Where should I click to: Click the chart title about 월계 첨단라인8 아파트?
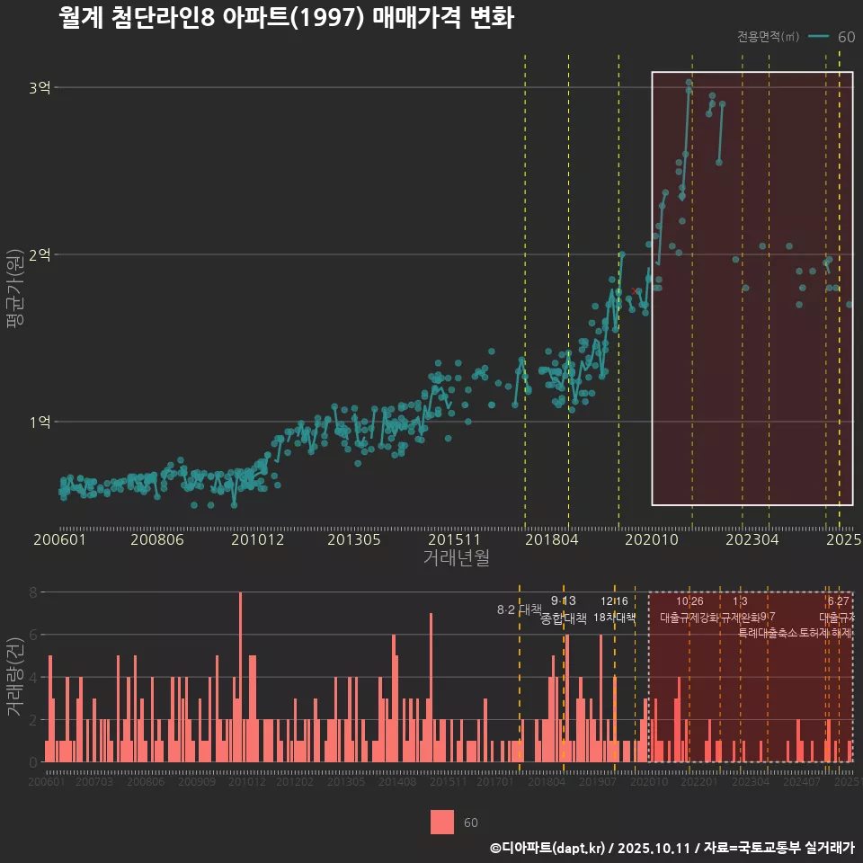(x=286, y=18)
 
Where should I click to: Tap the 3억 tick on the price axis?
(x=40, y=88)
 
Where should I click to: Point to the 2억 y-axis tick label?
(x=40, y=254)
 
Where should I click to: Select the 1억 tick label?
(x=40, y=422)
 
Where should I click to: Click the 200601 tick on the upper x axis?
(x=59, y=540)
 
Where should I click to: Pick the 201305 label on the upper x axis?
(x=353, y=540)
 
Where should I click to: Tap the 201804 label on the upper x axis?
(x=551, y=540)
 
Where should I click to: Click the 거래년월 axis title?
(x=456, y=558)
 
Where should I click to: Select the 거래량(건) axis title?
(x=14, y=678)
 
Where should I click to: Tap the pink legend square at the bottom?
(x=441, y=823)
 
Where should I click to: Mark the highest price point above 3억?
(x=689, y=83)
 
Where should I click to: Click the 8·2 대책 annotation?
(x=513, y=609)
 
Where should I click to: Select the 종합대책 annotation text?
(x=564, y=618)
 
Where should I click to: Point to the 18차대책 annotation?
(x=615, y=618)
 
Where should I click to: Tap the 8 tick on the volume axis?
(x=32, y=592)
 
